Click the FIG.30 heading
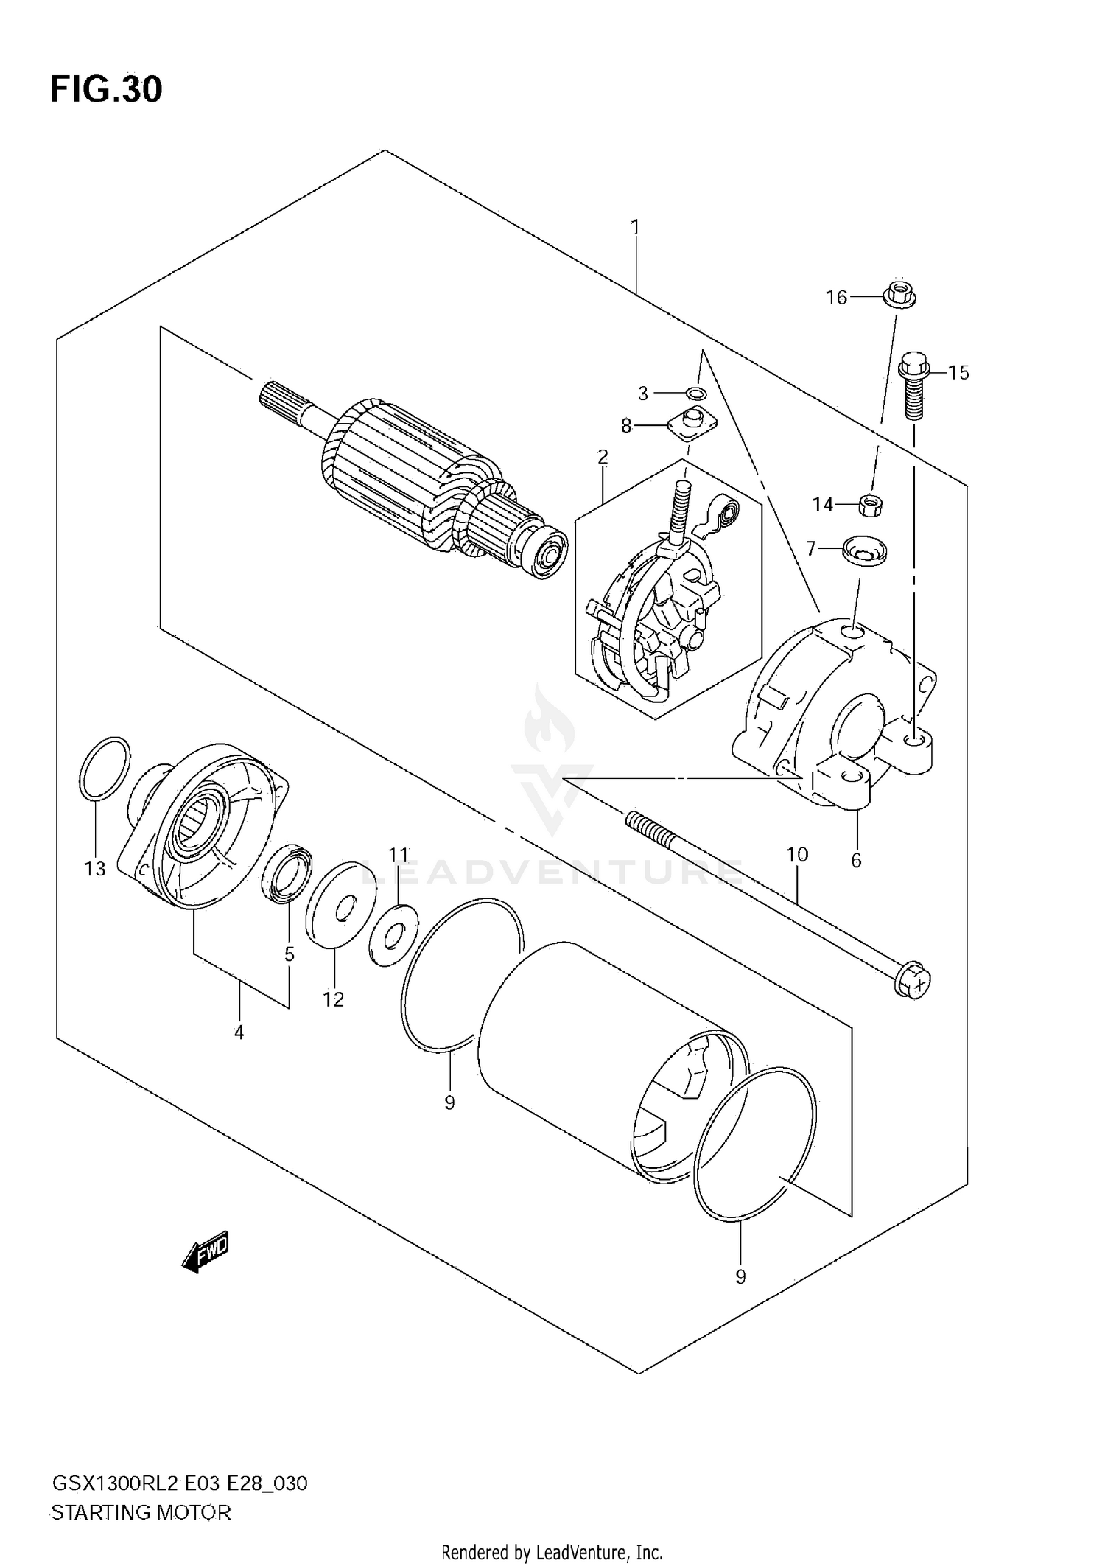point(106,90)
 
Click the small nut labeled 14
point(871,505)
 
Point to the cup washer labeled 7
point(864,550)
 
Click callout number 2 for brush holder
point(603,457)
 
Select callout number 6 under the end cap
point(856,860)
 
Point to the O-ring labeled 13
point(105,768)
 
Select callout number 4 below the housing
point(239,1032)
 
